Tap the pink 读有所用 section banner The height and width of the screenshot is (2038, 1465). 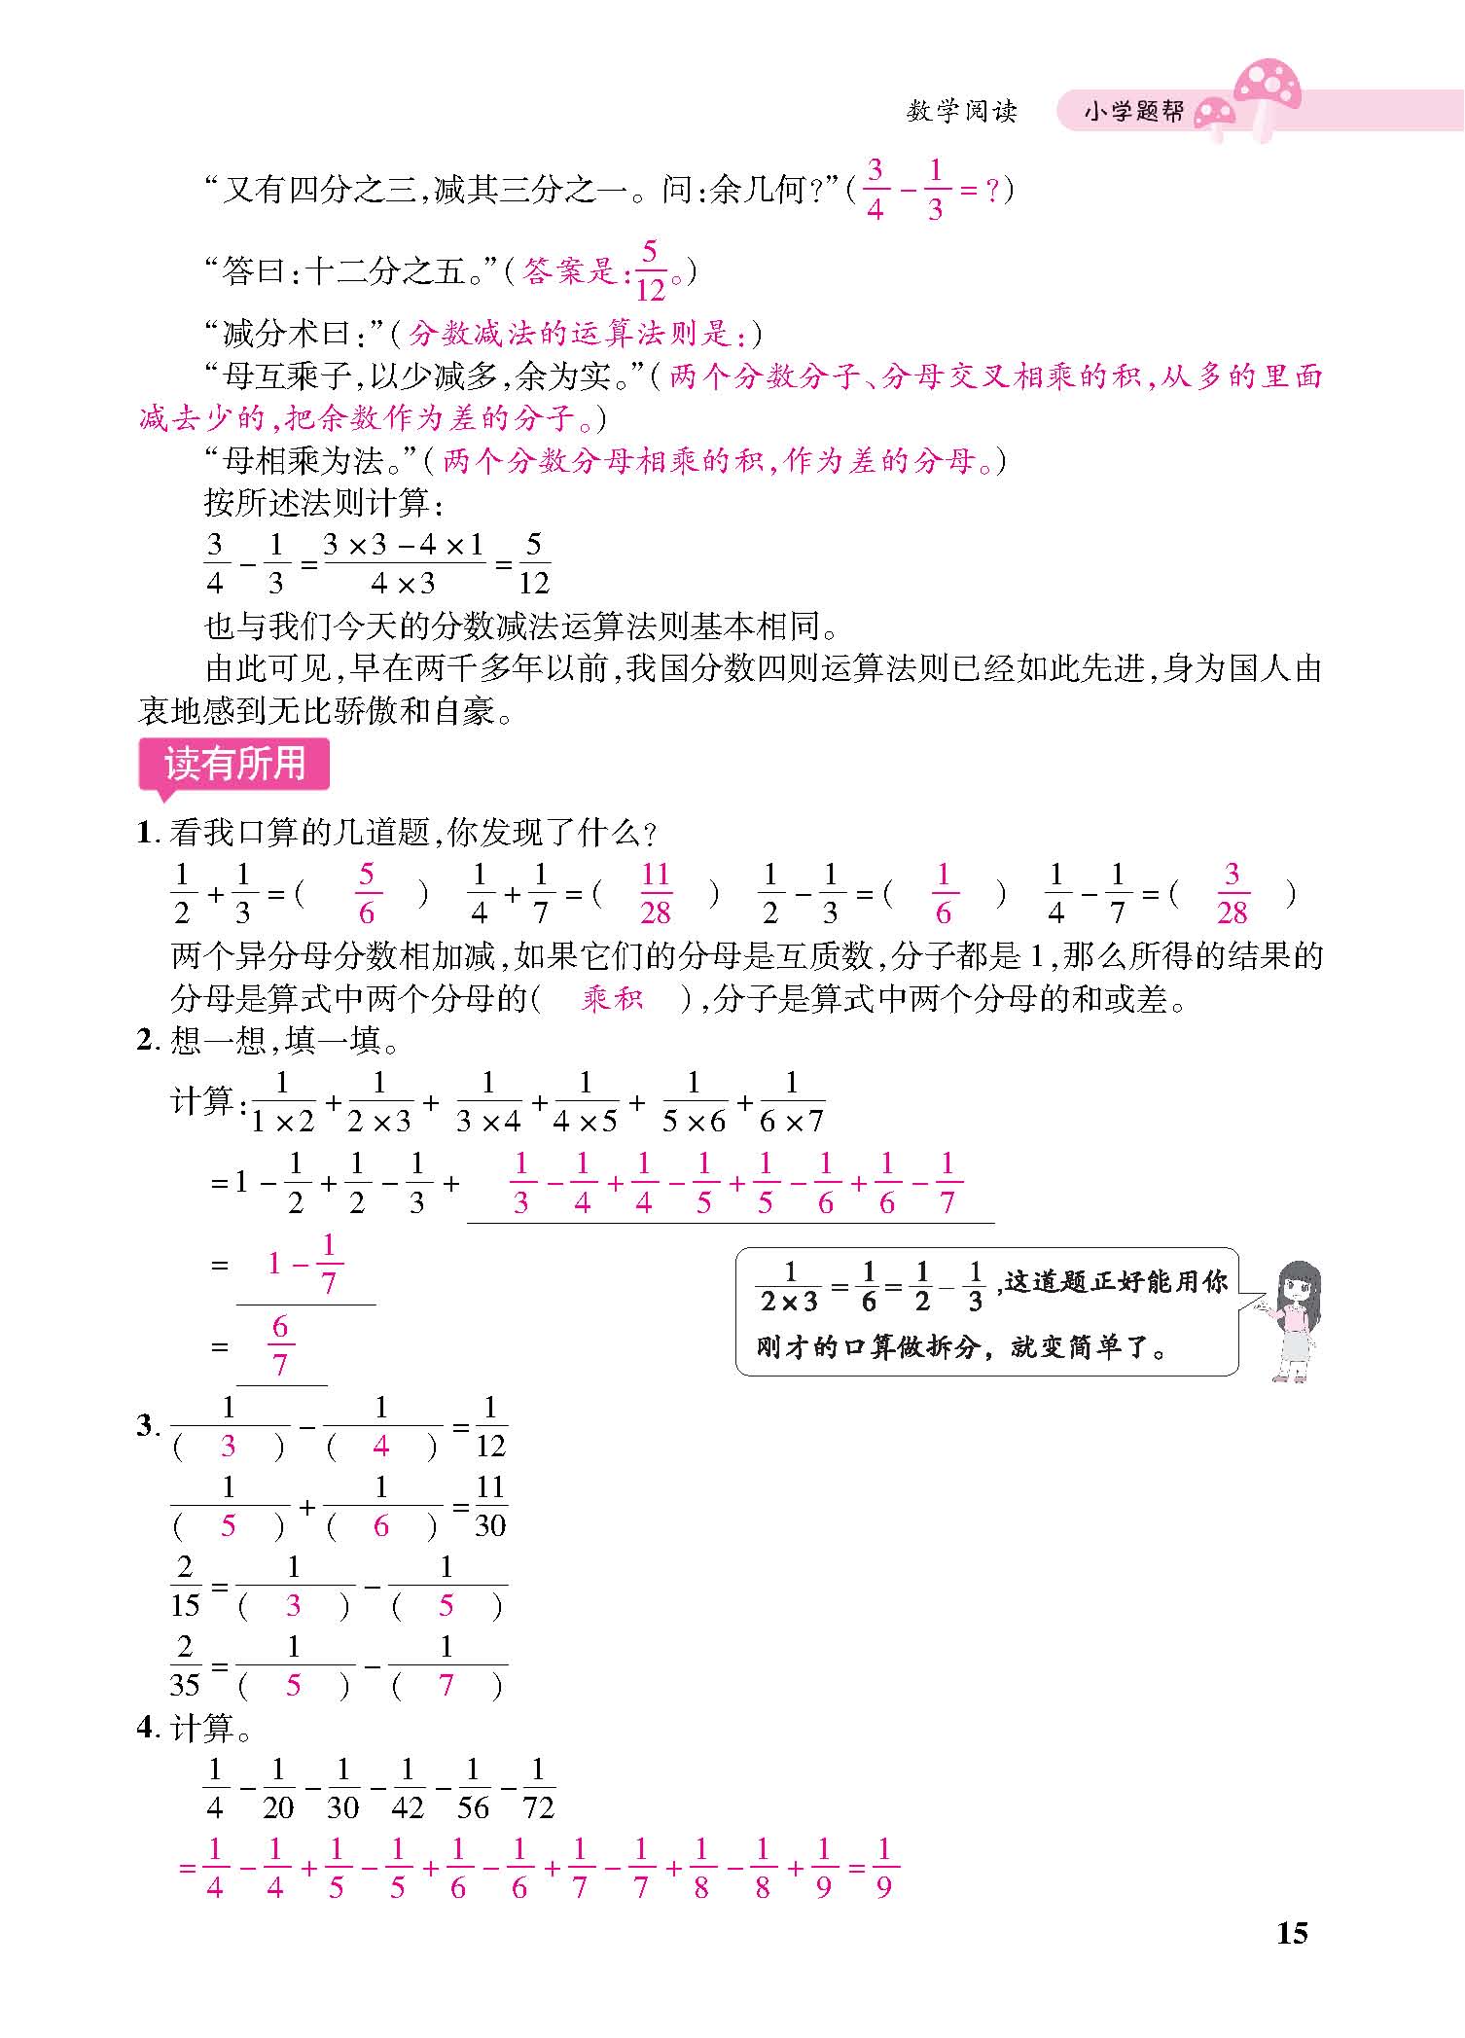(234, 764)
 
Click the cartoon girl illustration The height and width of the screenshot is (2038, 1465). (1293, 1318)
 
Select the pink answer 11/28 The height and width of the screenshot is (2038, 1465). (656, 893)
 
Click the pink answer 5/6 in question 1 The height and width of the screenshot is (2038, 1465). (366, 893)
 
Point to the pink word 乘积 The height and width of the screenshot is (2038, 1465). (612, 998)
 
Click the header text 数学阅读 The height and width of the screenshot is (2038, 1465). (961, 112)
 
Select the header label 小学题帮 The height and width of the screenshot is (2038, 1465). (1133, 112)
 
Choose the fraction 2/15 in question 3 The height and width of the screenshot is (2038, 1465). (185, 1586)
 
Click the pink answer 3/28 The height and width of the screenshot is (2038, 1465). (1232, 893)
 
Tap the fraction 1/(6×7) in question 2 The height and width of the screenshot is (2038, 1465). (791, 1102)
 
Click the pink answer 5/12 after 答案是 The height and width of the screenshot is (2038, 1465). (650, 271)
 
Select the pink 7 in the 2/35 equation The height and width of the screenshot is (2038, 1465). (447, 1685)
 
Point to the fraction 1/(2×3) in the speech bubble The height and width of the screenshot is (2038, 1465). (789, 1286)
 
